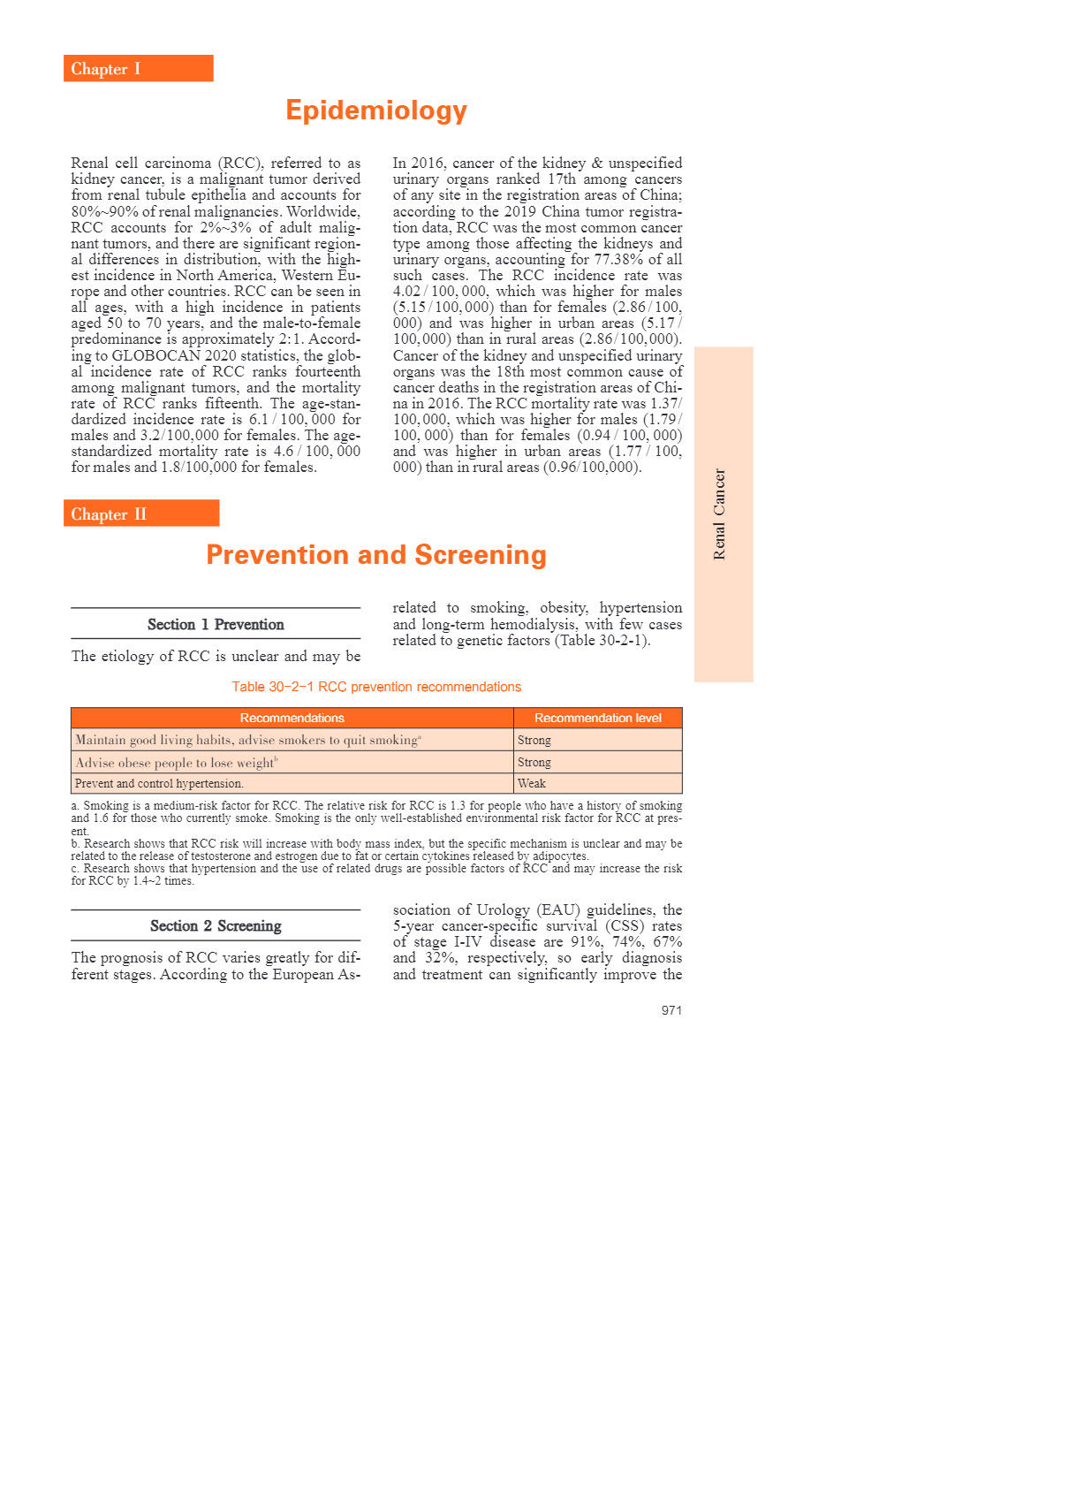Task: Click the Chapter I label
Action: (x=106, y=69)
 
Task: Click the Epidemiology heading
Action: (x=376, y=110)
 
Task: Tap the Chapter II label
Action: (x=109, y=514)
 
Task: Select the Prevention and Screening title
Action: (x=376, y=555)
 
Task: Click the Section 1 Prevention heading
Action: (x=216, y=625)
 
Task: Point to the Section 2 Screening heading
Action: (x=216, y=926)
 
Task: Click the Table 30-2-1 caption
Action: (x=376, y=687)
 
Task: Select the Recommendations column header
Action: (x=292, y=718)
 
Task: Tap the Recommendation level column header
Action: (x=597, y=718)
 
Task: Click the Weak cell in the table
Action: (x=532, y=784)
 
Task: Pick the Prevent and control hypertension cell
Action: (x=159, y=784)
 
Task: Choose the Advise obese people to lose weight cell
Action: (x=176, y=763)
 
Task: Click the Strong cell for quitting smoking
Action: (x=534, y=741)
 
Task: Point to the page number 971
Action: (x=671, y=1010)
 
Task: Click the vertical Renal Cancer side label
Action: (x=720, y=514)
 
